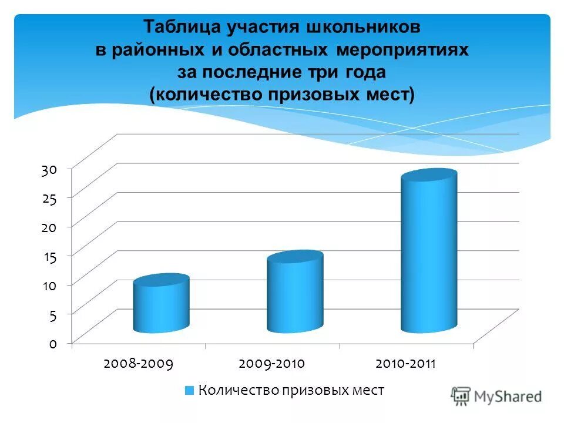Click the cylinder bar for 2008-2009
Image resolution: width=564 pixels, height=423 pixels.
(x=160, y=305)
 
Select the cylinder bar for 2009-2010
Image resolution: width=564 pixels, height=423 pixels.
(x=294, y=294)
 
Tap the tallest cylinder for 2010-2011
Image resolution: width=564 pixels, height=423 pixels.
(x=428, y=253)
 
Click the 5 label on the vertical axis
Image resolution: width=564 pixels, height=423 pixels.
(x=52, y=315)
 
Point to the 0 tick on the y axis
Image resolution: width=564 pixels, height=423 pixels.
(x=52, y=344)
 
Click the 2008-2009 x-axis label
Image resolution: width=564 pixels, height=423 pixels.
(x=138, y=364)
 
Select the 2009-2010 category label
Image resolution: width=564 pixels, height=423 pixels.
(x=272, y=364)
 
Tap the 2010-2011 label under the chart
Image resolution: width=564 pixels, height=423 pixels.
(x=406, y=364)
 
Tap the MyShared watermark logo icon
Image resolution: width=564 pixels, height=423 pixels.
(x=461, y=396)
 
